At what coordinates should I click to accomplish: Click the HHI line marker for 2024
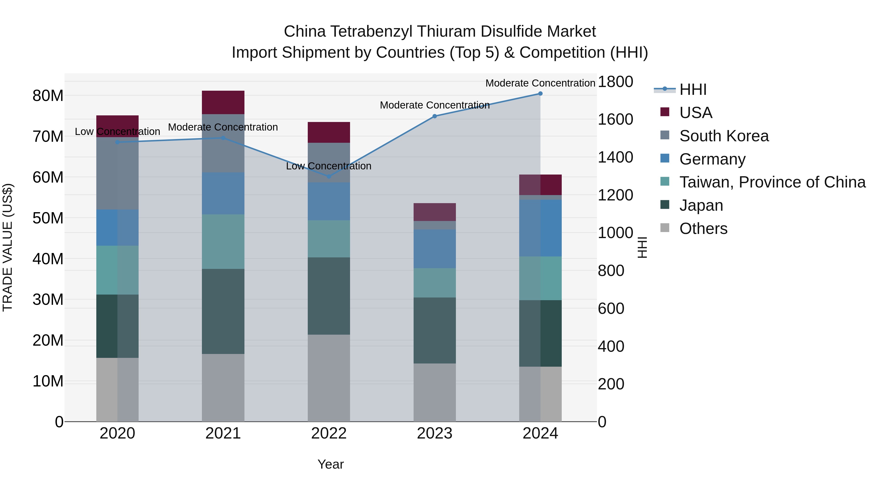(540, 94)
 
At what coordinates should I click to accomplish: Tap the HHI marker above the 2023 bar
(435, 116)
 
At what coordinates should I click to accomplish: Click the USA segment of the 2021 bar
(223, 102)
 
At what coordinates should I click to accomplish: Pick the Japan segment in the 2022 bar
(329, 296)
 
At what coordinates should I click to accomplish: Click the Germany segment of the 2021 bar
(223, 193)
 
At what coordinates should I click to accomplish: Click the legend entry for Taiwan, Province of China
(772, 182)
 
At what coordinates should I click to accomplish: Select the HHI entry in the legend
(693, 89)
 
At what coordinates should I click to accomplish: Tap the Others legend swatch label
(703, 229)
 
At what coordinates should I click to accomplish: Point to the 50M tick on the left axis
(48, 218)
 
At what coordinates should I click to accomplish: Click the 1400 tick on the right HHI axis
(615, 157)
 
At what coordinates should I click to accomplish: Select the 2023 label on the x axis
(435, 433)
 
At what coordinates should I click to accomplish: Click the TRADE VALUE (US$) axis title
(8, 247)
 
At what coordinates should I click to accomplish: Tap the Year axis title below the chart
(330, 464)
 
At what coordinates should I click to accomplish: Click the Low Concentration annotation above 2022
(328, 166)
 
